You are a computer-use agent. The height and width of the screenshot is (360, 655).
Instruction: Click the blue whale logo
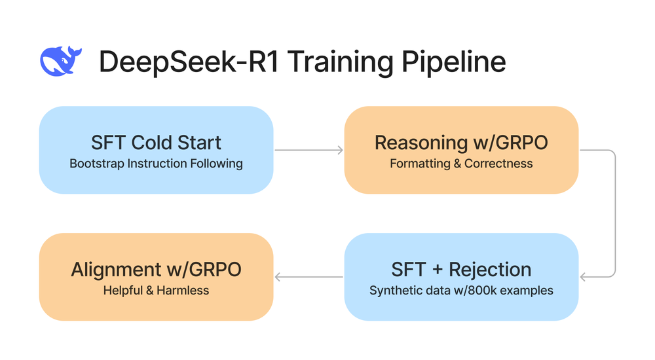[x=60, y=61]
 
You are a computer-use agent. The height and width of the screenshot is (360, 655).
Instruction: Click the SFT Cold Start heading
[x=156, y=142]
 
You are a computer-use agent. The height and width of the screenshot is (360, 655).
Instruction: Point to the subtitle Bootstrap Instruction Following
[x=156, y=164]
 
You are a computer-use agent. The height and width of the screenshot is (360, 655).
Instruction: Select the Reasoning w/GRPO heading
[x=461, y=142]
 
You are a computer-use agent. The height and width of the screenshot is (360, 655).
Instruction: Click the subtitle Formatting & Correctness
[x=461, y=164]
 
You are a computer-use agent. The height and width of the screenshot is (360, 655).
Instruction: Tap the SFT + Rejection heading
[x=461, y=269]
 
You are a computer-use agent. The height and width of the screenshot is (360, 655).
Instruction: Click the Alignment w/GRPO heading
[x=156, y=269]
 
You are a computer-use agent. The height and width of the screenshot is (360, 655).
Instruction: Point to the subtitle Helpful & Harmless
[x=156, y=290]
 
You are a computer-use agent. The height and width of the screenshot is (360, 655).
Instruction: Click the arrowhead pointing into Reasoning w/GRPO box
[x=339, y=151]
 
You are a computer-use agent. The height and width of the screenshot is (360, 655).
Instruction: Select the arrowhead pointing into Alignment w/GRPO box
[x=278, y=277]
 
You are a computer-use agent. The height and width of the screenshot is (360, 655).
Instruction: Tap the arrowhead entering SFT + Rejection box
[x=584, y=277]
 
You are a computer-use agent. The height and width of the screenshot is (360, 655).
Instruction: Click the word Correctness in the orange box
[x=498, y=164]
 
